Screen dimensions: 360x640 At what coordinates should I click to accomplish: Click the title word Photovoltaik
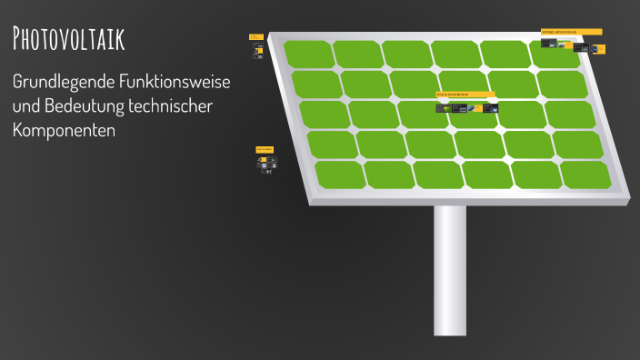69,39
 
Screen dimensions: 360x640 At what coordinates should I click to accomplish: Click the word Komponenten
64,130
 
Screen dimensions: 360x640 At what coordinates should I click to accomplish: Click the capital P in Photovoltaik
19,39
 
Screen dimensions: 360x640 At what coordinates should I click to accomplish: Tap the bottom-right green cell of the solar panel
585,175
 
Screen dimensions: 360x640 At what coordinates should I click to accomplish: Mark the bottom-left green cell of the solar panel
338,175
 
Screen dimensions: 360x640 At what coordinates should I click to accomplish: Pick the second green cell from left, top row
356,54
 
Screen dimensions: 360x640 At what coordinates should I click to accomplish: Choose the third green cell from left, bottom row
436,175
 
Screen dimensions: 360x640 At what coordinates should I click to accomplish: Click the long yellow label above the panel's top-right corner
571,32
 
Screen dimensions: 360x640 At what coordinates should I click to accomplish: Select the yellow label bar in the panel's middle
465,94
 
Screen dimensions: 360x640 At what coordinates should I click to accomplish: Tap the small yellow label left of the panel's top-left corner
255,36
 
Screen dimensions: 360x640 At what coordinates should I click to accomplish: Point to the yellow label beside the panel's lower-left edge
265,148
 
